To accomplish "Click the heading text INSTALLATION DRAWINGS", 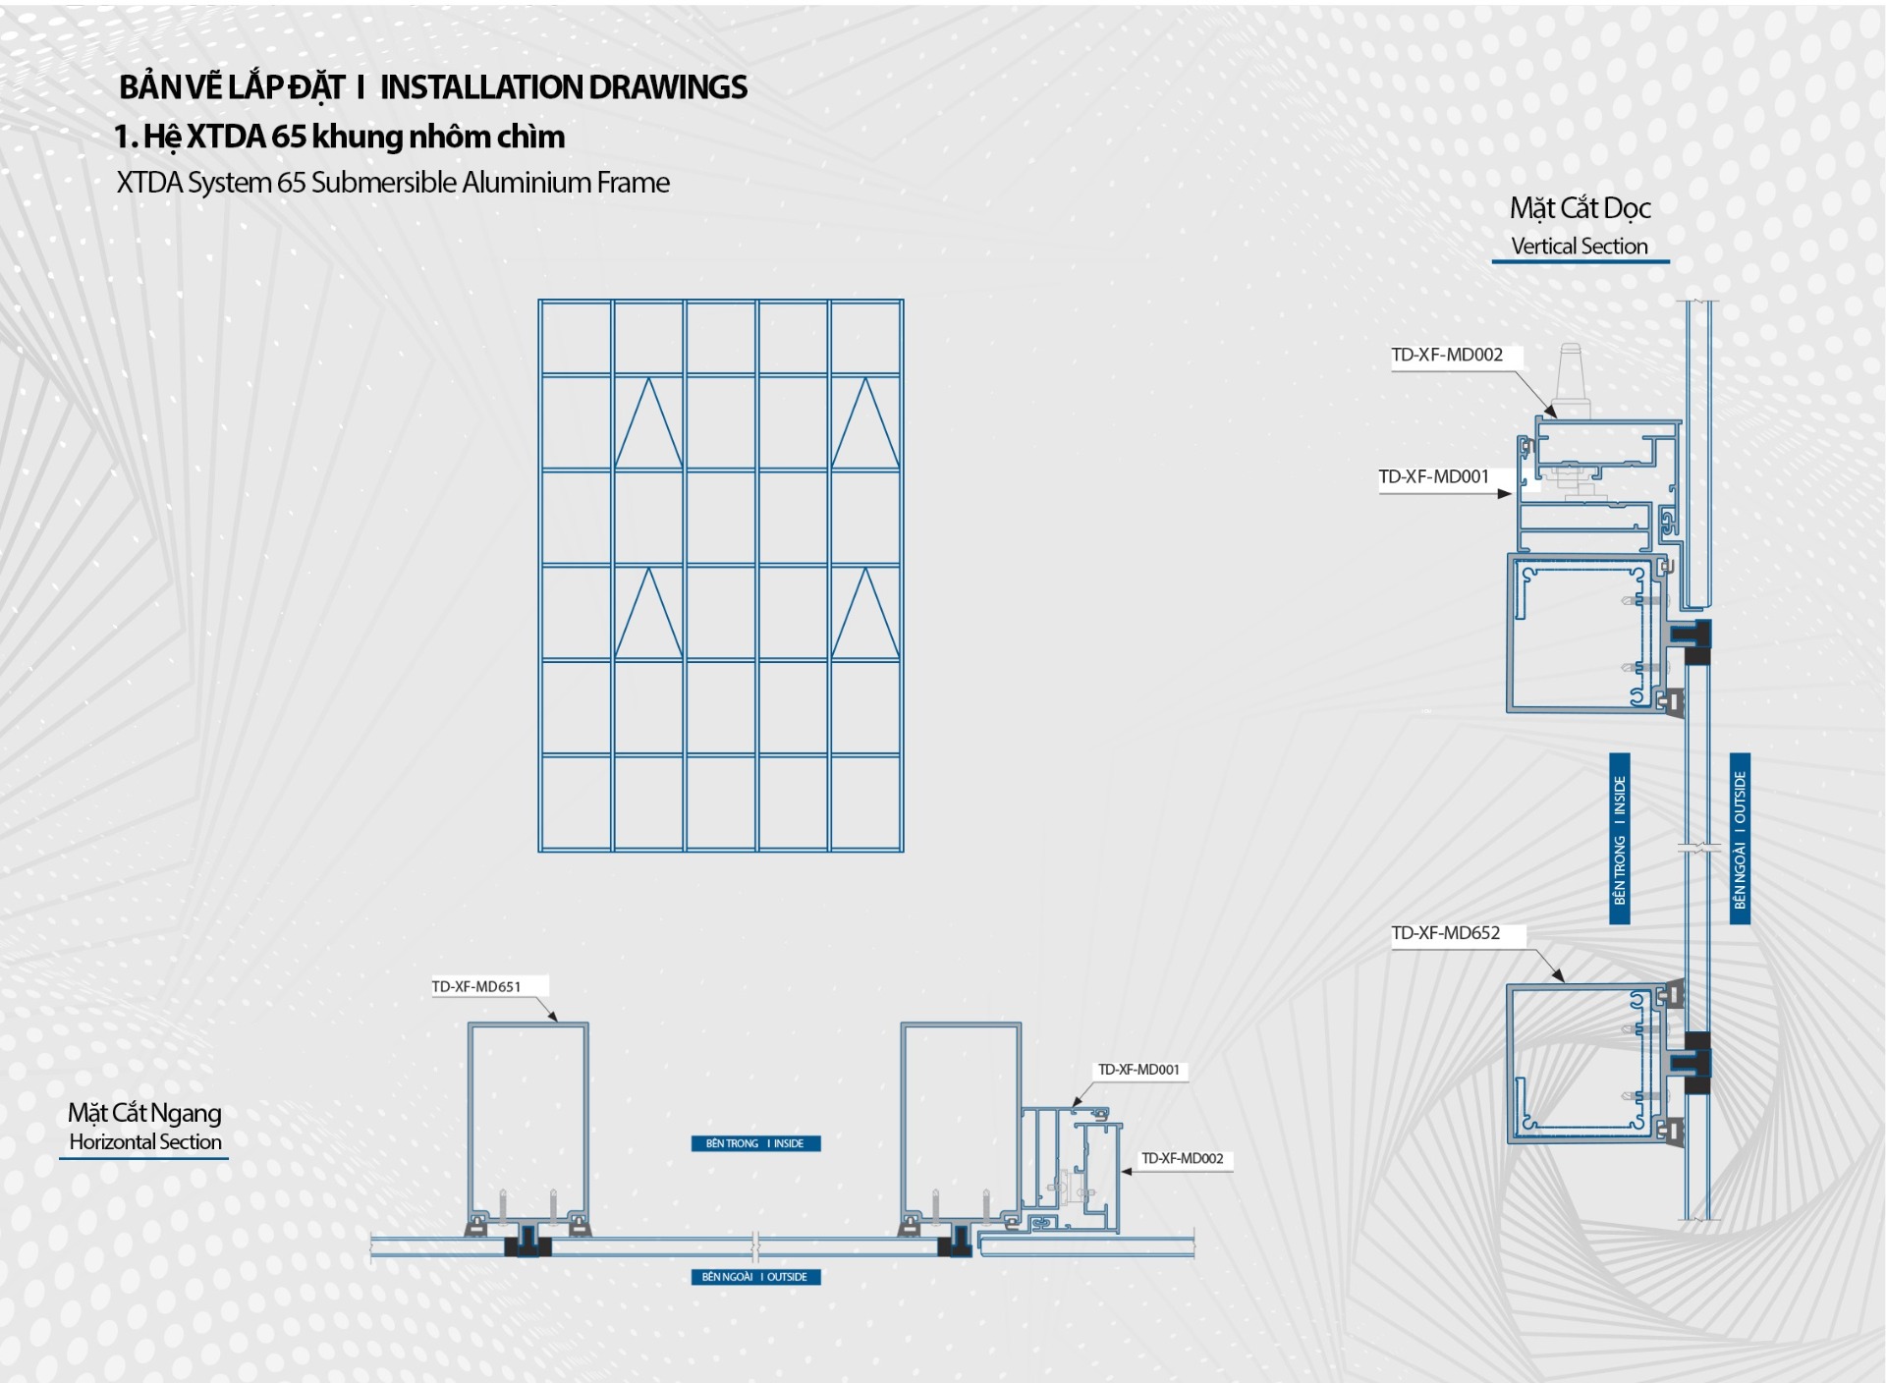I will click(x=563, y=88).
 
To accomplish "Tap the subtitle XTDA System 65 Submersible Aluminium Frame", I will click(x=393, y=183).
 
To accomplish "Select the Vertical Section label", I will click(x=1579, y=247).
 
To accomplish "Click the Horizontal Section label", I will click(x=145, y=1142).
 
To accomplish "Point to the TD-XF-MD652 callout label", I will click(x=1445, y=933).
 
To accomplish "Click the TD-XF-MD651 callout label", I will click(x=476, y=986).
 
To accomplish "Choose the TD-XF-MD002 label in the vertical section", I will click(x=1446, y=356).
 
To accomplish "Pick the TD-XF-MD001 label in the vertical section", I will click(x=1433, y=477).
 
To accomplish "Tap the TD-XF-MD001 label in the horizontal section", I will click(x=1138, y=1070).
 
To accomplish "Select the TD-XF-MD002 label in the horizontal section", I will click(x=1182, y=1159).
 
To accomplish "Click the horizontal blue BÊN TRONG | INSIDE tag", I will click(x=755, y=1143).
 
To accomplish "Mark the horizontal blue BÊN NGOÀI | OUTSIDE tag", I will click(x=755, y=1277).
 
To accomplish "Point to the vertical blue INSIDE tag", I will click(x=1619, y=839).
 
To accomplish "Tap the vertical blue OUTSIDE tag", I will click(x=1740, y=839).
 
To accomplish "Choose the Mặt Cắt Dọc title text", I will click(x=1580, y=208).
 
